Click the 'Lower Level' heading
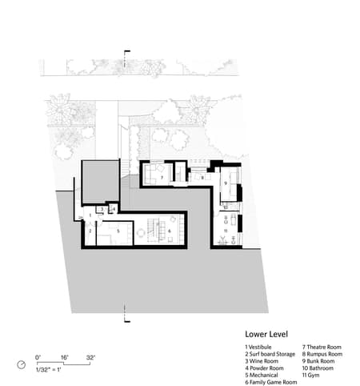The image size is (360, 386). click(x=267, y=334)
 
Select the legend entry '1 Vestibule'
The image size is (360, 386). click(x=259, y=347)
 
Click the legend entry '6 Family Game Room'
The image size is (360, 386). click(x=270, y=381)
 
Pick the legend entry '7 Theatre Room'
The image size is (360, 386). click(x=321, y=347)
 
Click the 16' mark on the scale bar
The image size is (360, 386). click(x=65, y=356)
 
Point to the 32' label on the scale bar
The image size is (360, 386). click(x=91, y=356)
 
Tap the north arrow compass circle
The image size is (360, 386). click(x=22, y=364)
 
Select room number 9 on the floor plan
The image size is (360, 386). click(x=226, y=183)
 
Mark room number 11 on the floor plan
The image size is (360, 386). click(x=226, y=231)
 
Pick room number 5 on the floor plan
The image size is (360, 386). click(x=118, y=231)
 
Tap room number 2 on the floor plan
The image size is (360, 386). click(x=90, y=230)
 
